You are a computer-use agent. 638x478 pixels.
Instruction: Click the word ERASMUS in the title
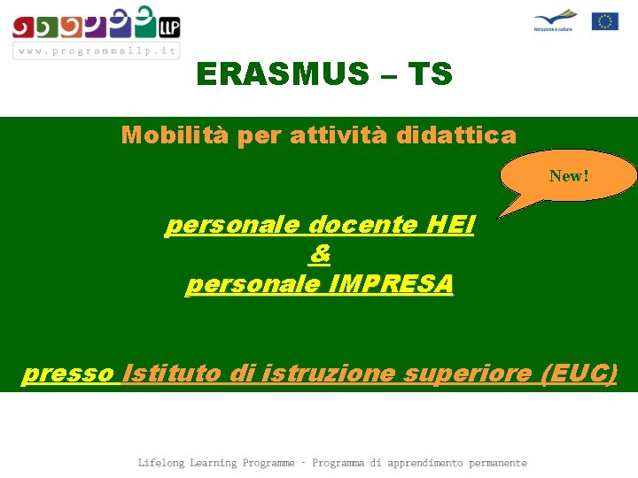pos(279,74)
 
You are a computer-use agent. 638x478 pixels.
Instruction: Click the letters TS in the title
pos(430,74)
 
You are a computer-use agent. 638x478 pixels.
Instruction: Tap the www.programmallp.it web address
pos(96,50)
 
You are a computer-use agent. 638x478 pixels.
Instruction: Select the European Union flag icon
pos(605,21)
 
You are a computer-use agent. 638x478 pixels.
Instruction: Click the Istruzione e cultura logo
pos(555,20)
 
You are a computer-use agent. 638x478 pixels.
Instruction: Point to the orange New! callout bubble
pos(568,176)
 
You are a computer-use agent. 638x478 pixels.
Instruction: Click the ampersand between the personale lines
pos(319,255)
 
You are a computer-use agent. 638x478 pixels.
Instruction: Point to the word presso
pos(70,374)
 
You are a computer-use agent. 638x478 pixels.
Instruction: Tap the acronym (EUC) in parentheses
pos(579,374)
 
